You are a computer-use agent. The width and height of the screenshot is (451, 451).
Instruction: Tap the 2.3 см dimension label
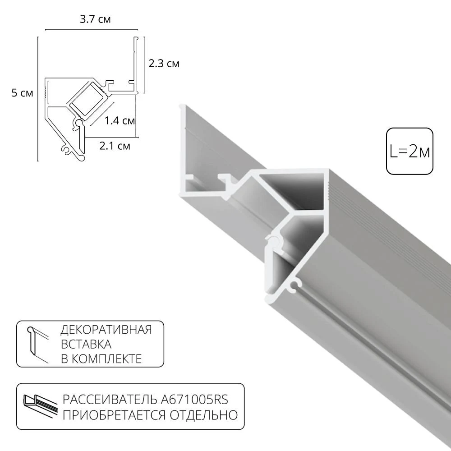(164, 64)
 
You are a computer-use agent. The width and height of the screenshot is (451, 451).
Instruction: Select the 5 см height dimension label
(22, 93)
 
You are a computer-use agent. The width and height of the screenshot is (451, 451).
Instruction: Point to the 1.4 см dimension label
(120, 120)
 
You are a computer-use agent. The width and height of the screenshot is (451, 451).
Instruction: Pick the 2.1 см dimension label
(115, 146)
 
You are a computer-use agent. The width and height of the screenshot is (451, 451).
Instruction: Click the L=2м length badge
(410, 151)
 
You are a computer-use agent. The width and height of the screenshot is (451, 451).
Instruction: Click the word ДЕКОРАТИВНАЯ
(106, 330)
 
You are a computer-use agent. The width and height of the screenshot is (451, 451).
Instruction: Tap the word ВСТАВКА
(86, 344)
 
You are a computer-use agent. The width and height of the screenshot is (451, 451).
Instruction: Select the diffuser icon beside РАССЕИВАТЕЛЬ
(40, 403)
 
